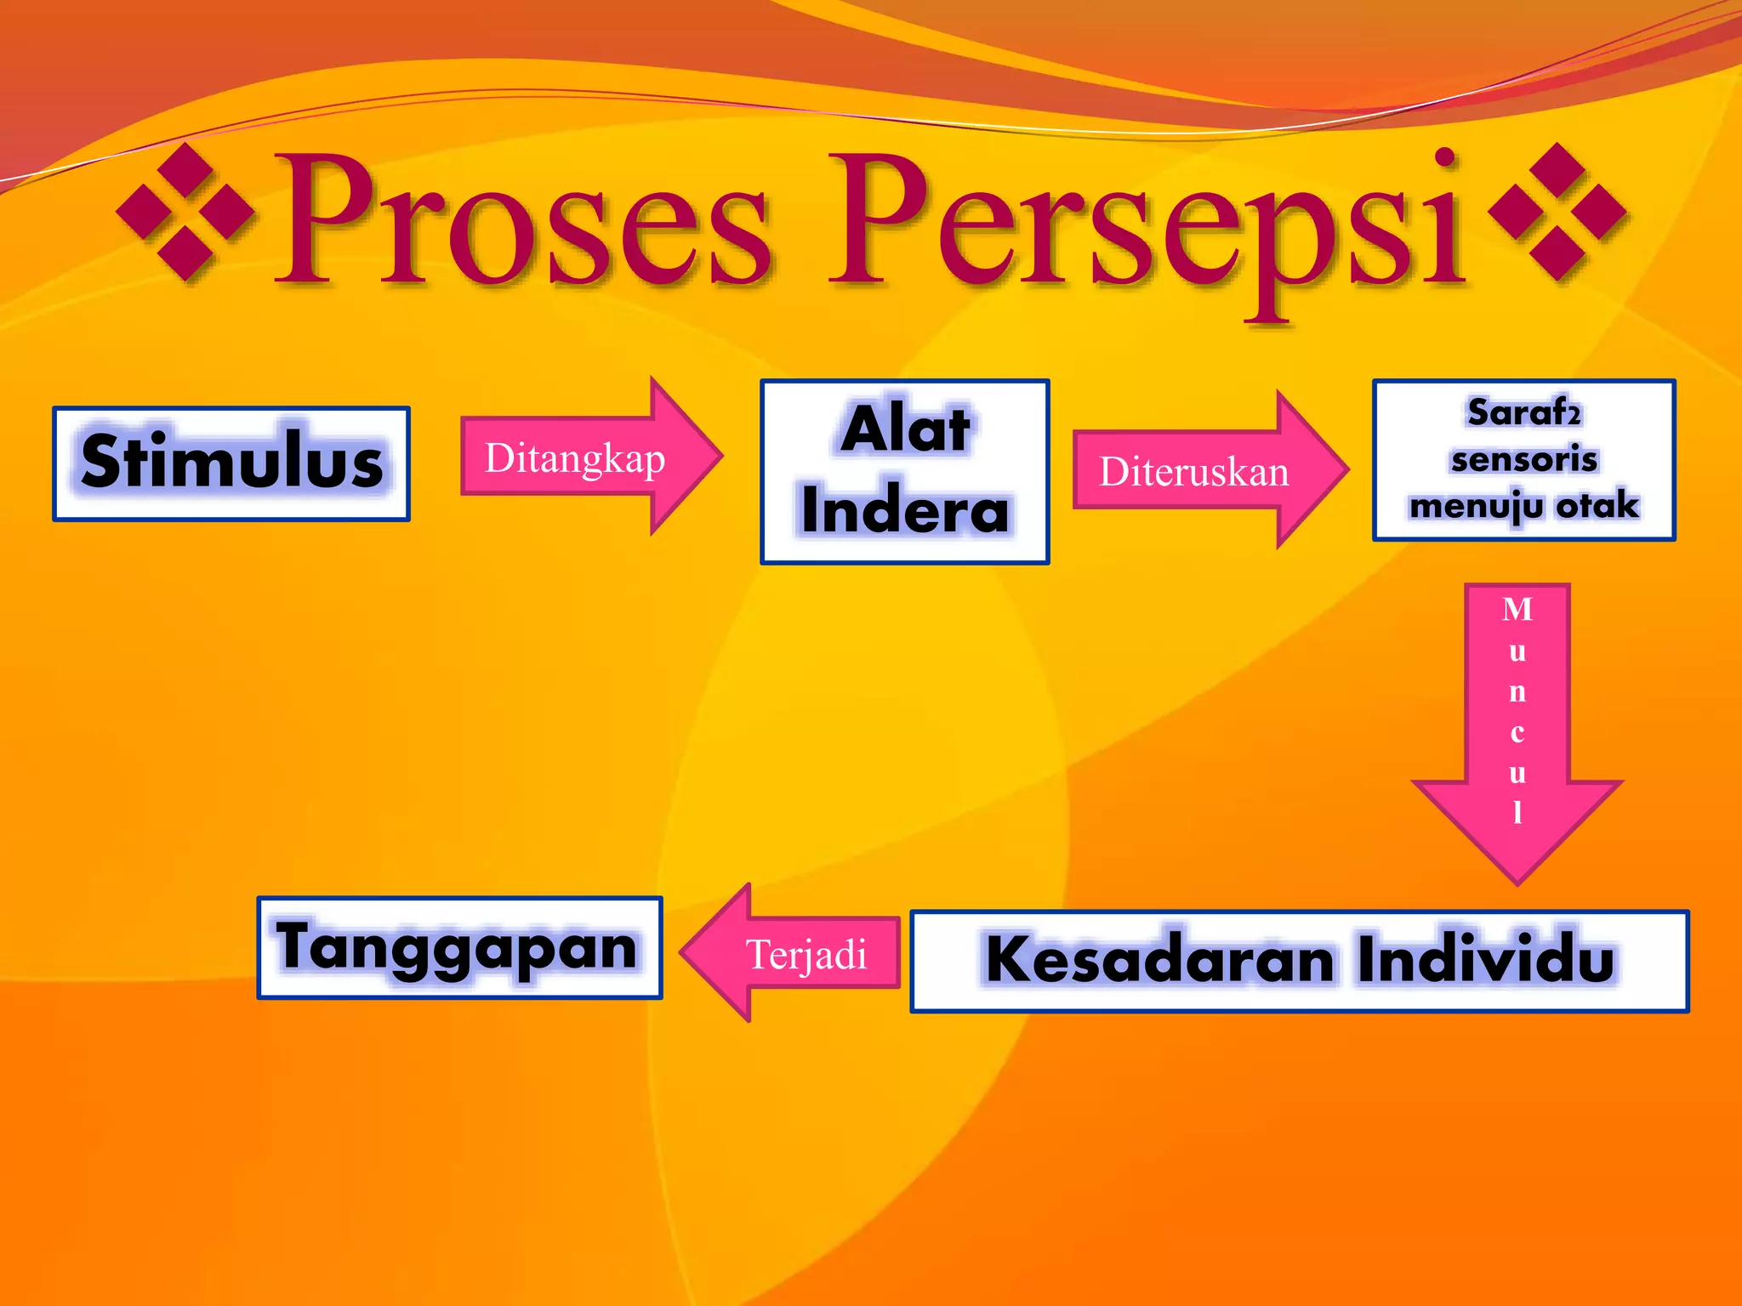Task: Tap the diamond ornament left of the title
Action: click(x=185, y=212)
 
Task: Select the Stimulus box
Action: click(x=231, y=463)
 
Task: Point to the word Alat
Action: click(x=905, y=429)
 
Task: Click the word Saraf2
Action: click(x=1523, y=413)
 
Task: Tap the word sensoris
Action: click(x=1523, y=460)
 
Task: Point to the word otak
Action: click(x=1597, y=506)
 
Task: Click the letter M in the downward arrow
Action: click(x=1517, y=610)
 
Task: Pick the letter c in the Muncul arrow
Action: click(x=1517, y=732)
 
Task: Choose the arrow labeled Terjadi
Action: click(x=792, y=953)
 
